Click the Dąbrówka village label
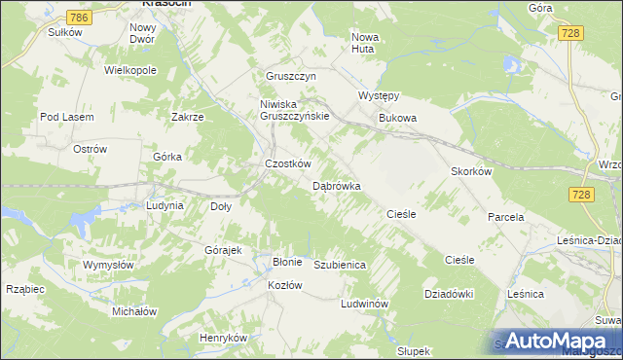(x=337, y=185)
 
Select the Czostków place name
(x=288, y=163)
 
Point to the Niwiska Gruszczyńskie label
(x=295, y=109)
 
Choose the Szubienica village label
(x=339, y=265)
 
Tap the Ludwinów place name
(x=365, y=304)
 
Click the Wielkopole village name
(x=131, y=71)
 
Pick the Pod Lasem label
(x=66, y=117)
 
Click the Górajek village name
(x=223, y=250)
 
